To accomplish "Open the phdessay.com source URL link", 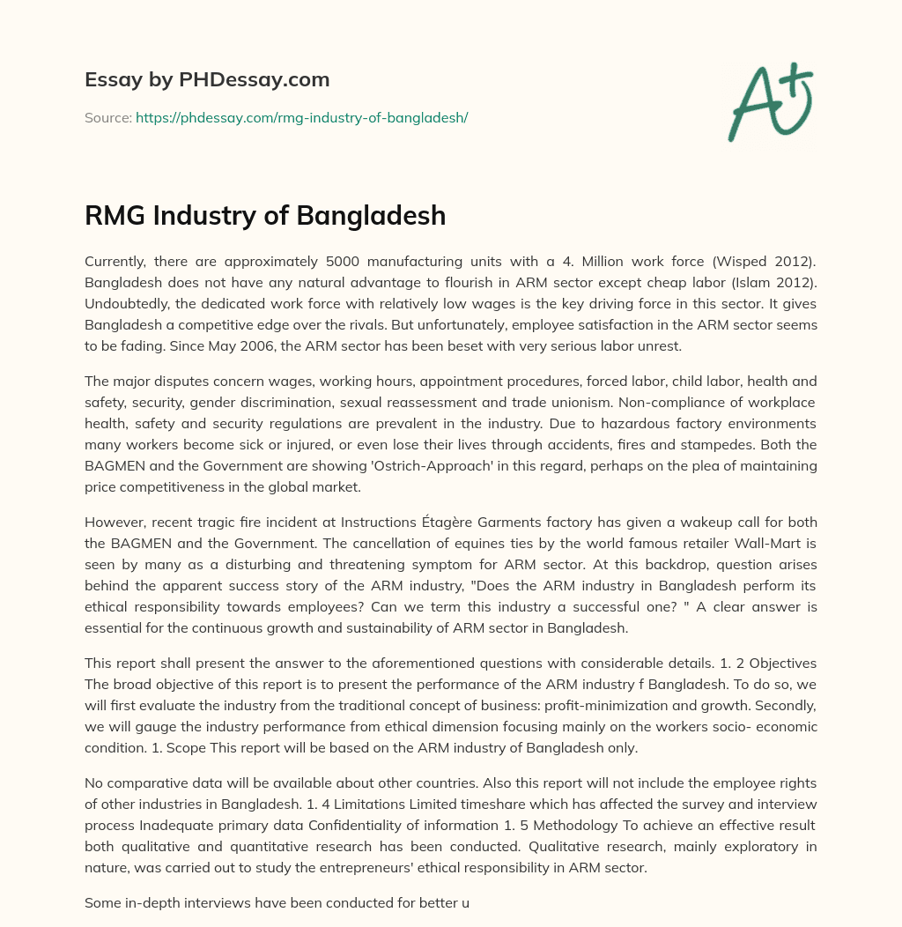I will point(301,117).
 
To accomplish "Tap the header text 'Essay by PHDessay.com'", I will point(207,80).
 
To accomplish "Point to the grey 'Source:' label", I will point(107,117).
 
